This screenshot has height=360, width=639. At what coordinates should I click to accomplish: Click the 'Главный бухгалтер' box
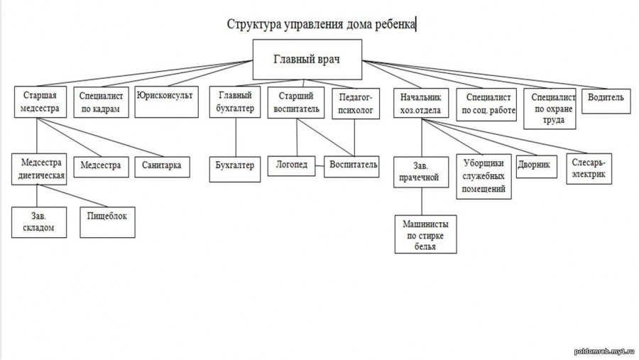tap(234, 102)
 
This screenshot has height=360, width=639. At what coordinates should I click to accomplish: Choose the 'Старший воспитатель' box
tap(296, 102)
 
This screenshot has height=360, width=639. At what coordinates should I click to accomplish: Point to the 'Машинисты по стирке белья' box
tap(426, 235)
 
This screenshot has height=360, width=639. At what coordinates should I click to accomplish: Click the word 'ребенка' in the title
tap(393, 24)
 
